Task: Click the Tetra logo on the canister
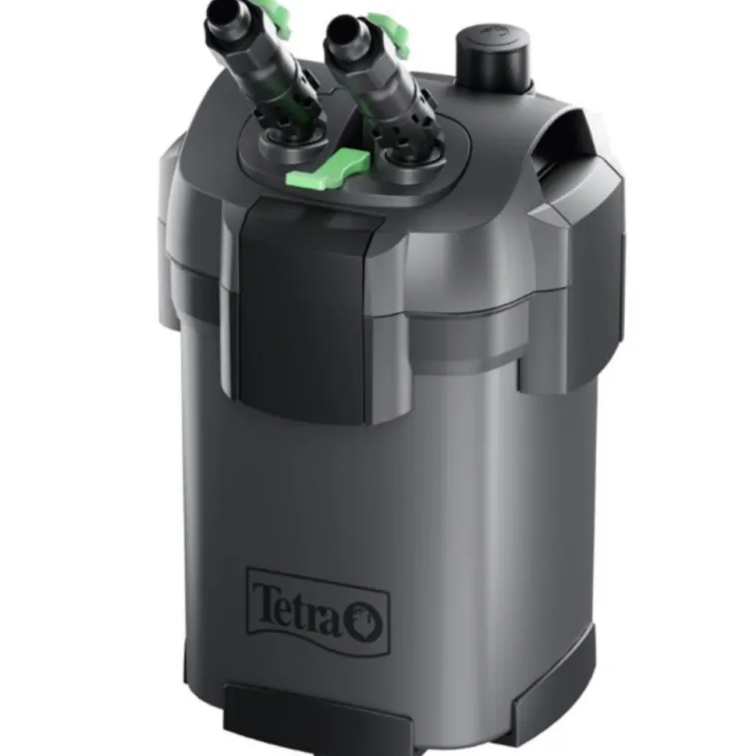(318, 612)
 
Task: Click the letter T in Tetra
(267, 604)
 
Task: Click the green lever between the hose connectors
(327, 168)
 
